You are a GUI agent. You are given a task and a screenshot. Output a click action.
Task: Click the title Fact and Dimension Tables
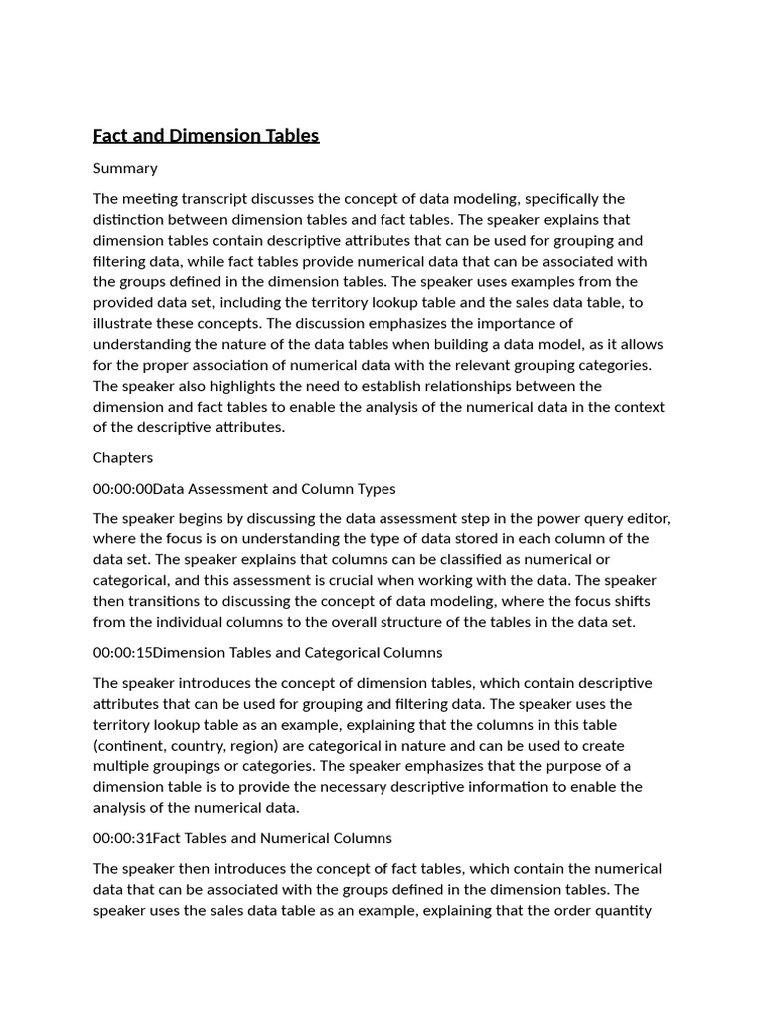[x=206, y=136]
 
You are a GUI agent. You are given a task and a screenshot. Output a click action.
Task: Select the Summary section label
[x=125, y=168]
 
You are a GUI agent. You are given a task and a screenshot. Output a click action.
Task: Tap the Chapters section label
[x=123, y=457]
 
